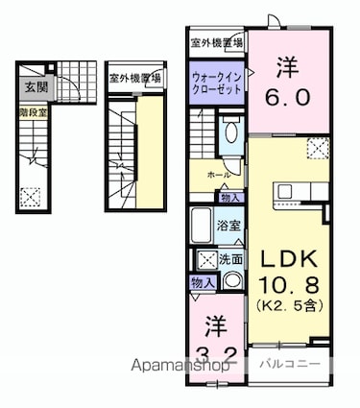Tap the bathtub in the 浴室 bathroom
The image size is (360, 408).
tap(202, 228)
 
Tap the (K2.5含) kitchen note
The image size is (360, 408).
tap(289, 305)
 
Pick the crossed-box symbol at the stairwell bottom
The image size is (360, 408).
tap(32, 195)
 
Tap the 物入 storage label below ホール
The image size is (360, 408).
tap(229, 197)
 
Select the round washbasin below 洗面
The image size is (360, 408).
tap(231, 281)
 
